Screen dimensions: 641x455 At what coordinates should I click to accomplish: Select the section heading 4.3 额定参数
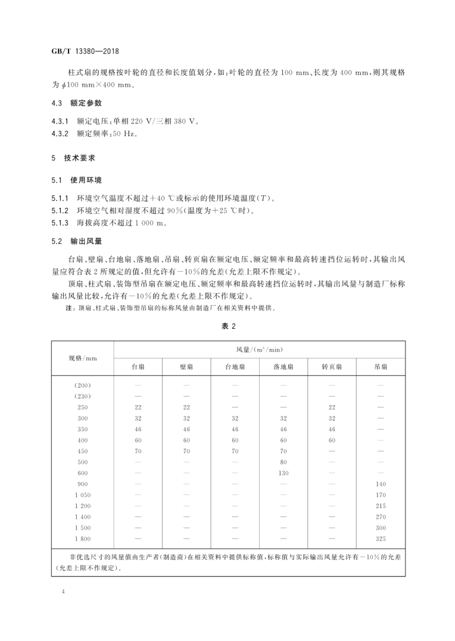click(x=77, y=102)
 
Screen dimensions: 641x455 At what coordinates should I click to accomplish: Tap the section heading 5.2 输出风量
click(x=77, y=241)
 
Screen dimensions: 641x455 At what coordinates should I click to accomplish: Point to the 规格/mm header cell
click(x=82, y=357)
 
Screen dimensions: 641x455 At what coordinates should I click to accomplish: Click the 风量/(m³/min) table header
click(x=259, y=349)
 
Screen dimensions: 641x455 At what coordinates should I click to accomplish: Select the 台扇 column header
click(x=138, y=367)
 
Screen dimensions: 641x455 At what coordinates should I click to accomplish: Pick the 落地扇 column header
click(x=283, y=367)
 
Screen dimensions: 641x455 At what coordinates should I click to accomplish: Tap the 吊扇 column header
click(x=381, y=367)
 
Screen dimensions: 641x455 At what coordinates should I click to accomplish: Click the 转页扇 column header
click(x=332, y=367)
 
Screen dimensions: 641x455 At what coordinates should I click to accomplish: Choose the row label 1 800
click(x=82, y=539)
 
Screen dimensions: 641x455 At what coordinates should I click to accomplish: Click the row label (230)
click(x=82, y=396)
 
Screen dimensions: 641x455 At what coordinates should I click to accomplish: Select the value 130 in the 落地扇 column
click(x=283, y=473)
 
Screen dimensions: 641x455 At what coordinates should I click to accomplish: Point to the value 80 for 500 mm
click(x=283, y=462)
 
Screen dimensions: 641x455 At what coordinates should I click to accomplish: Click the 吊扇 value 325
click(x=381, y=539)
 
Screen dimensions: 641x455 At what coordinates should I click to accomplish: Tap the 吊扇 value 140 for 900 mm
click(x=381, y=484)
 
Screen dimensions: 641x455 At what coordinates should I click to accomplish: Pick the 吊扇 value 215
click(x=381, y=506)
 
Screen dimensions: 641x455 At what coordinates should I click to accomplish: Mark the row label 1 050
click(x=82, y=495)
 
